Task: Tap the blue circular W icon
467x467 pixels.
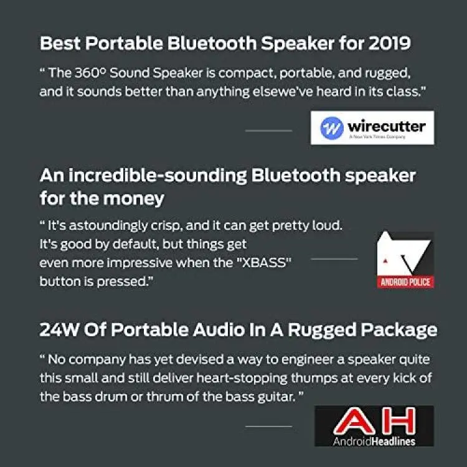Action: (332, 128)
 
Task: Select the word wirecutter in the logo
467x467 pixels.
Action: (387, 126)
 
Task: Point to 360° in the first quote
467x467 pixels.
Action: (90, 73)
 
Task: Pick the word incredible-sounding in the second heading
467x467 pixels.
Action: (158, 176)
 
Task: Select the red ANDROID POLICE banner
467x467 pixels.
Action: (405, 281)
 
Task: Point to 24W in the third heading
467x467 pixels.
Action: (59, 329)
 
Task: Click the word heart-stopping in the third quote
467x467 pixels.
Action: (242, 378)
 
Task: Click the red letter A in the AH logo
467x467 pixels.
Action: (354, 421)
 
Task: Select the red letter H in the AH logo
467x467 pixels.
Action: (399, 421)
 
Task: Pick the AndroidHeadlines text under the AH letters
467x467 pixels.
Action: (374, 441)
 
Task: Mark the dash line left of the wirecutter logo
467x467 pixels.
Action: (268, 131)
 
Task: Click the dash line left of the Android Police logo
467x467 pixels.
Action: (334, 259)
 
